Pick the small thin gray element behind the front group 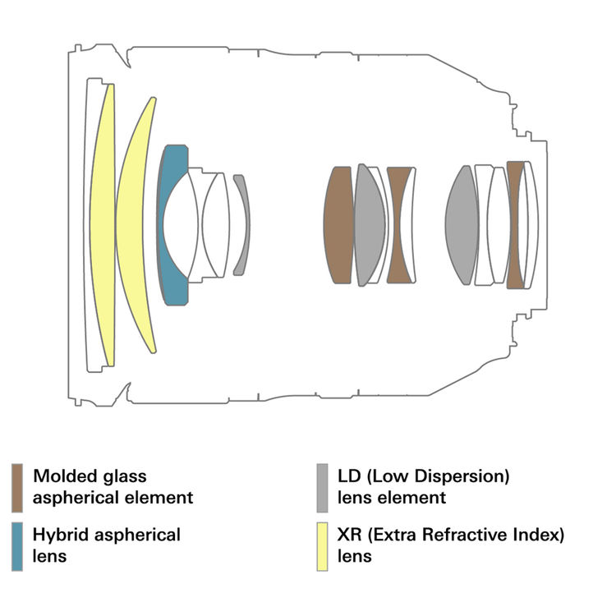(x=241, y=224)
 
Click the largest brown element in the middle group (x=338, y=225)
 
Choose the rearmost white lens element (x=532, y=225)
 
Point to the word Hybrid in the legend (x=60, y=535)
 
